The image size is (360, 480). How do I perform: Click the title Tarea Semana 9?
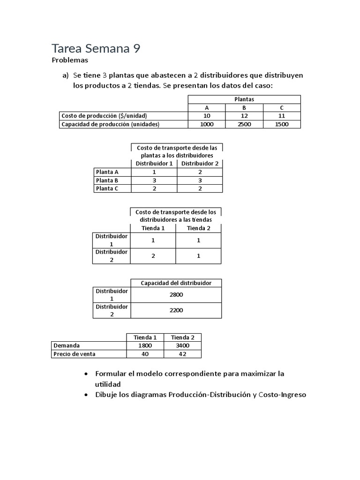96,49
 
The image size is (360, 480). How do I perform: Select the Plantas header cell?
244,99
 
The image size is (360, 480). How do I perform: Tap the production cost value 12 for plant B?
244,116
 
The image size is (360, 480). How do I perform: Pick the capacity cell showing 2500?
244,124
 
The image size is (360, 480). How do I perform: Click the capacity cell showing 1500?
282,124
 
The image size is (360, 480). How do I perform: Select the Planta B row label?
107,180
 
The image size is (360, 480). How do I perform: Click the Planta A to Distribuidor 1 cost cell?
154,172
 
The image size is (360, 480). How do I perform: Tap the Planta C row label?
107,188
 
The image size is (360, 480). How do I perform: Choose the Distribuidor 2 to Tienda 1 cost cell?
153,256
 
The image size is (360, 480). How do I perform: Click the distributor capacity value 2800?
176,295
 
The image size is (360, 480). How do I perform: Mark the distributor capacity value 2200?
176,310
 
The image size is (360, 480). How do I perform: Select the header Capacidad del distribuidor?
176,283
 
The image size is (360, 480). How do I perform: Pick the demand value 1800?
145,345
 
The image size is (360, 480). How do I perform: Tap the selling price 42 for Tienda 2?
182,354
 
